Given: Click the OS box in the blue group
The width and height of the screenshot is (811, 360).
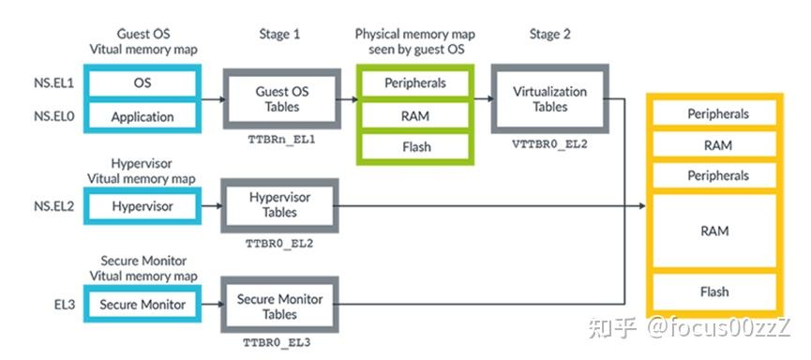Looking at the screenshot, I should point(142,82).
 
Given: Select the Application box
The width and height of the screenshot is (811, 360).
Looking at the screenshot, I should point(142,116).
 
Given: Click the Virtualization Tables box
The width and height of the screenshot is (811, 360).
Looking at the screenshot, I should point(550,98).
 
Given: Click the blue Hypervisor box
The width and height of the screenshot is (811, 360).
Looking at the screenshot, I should point(142,205).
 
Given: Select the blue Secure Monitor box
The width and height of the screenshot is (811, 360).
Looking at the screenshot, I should point(142,305).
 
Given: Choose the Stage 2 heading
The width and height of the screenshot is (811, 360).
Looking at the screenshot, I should point(550,34).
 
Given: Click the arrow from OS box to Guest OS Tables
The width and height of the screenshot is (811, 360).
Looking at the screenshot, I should point(212,98).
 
